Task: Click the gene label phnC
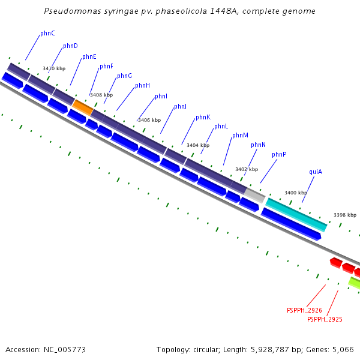[47, 34]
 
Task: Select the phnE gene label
[89, 56]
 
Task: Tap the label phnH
[142, 85]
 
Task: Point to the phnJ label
[180, 106]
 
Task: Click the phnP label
[279, 154]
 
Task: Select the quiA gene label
[316, 172]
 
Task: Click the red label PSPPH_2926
[304, 310]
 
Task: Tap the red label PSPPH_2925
[325, 319]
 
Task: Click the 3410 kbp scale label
[54, 68]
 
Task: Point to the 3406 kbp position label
[149, 120]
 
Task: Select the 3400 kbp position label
[295, 193]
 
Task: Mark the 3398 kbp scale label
[345, 215]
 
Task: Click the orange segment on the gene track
[83, 107]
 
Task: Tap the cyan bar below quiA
[296, 214]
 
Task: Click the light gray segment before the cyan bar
[255, 194]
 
